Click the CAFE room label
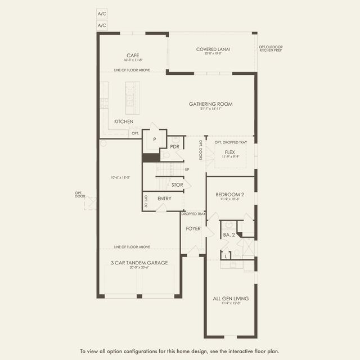pos(133,55)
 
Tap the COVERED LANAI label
pos(213,49)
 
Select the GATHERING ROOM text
pos(210,104)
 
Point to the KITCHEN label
pos(124,121)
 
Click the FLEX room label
pos(230,152)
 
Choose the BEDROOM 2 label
pos(230,195)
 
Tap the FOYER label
pos(193,228)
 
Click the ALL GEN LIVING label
pos(230,299)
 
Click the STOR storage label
pos(177,184)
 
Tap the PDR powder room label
pos(174,146)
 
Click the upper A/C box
pos(102,13)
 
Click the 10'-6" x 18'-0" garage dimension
pos(120,177)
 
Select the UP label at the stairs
pos(187,169)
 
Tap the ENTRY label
pos(164,199)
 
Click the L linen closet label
pos(225,256)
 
